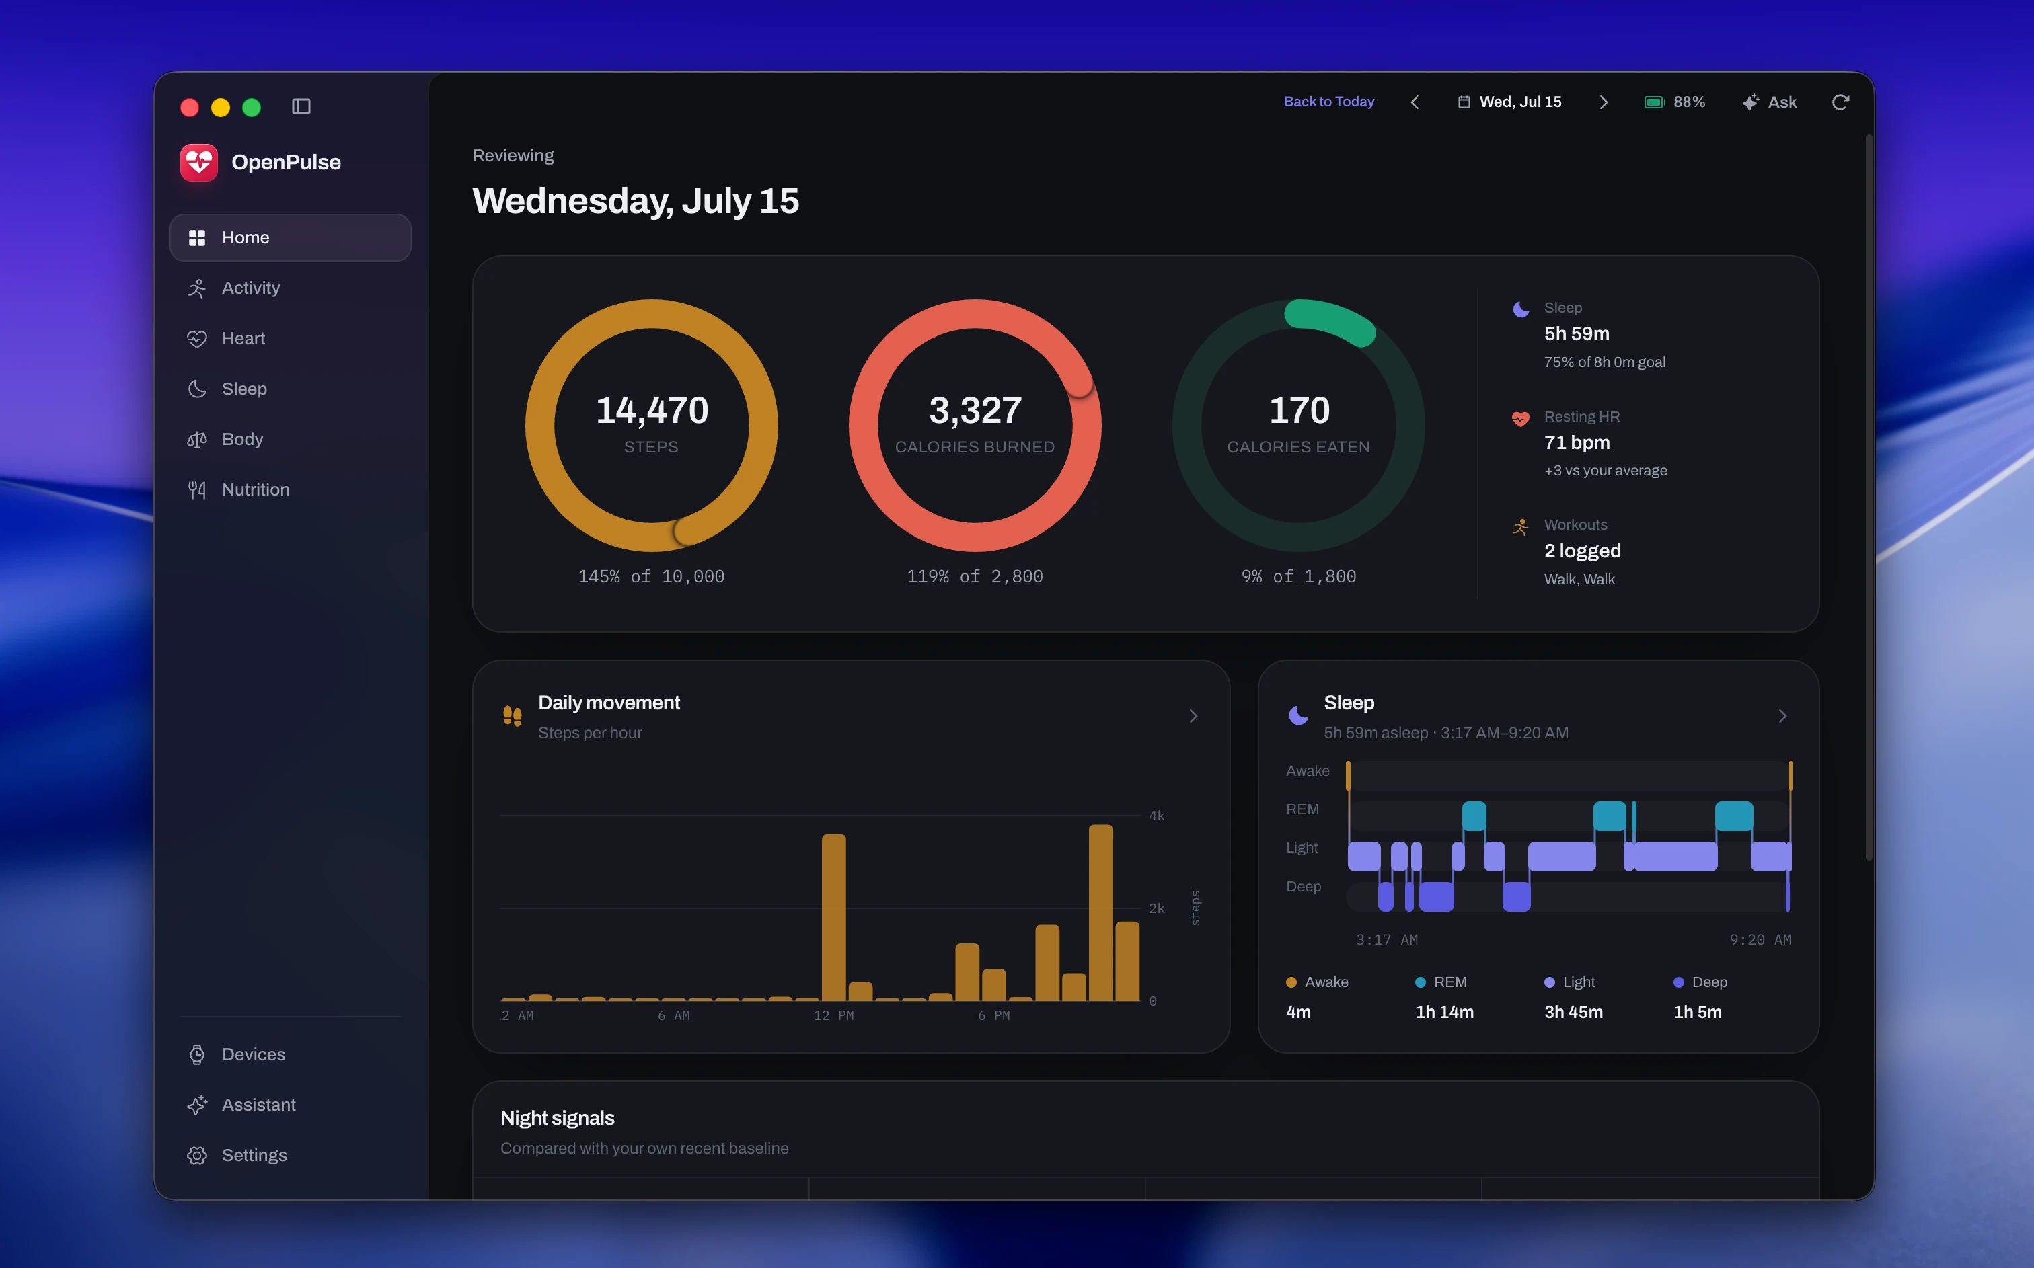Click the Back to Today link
click(x=1328, y=102)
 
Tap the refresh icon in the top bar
click(x=1840, y=102)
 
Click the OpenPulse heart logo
click(x=199, y=162)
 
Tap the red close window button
click(x=190, y=108)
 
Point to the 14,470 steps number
click(x=652, y=410)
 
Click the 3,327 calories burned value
click(x=975, y=410)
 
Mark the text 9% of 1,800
click(x=1298, y=576)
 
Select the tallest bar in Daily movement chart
click(x=1100, y=912)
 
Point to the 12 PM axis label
click(x=834, y=1016)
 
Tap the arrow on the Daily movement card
click(x=1193, y=716)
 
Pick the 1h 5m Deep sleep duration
click(x=1698, y=1013)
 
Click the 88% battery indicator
click(x=1674, y=102)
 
